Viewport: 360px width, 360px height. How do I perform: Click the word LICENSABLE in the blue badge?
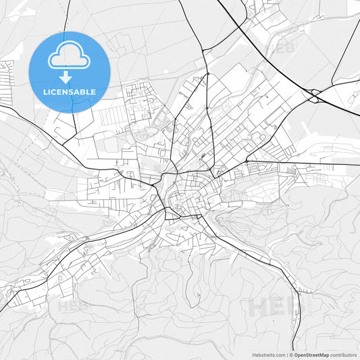pyautogui.click(x=69, y=92)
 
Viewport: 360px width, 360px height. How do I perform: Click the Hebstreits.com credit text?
pyautogui.click(x=267, y=355)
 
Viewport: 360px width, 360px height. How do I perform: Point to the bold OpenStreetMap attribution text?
pyautogui.click(x=309, y=355)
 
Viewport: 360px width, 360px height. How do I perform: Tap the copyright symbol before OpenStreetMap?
pyautogui.click(x=291, y=355)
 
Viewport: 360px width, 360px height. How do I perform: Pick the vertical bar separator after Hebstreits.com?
pyautogui.click(x=287, y=355)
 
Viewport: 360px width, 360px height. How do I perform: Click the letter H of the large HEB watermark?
pyautogui.click(x=257, y=307)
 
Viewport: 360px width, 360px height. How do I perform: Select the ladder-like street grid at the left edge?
pyautogui.click(x=7, y=82)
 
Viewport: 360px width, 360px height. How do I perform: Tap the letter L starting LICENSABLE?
pyautogui.click(x=45, y=92)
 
